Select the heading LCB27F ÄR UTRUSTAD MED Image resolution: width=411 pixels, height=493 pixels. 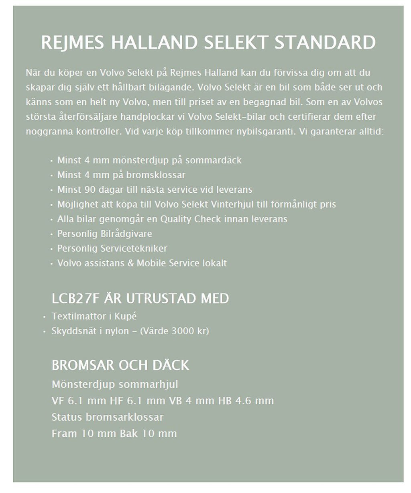click(x=140, y=299)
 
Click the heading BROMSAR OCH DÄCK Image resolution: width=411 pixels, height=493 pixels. click(x=120, y=365)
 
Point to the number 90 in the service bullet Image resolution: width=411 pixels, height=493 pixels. click(x=90, y=189)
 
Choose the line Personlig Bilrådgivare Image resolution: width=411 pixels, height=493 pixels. click(x=104, y=234)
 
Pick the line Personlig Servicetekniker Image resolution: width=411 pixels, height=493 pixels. click(x=112, y=249)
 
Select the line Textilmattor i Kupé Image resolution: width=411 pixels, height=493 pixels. click(x=94, y=316)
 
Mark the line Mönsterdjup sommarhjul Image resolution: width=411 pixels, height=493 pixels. click(x=115, y=384)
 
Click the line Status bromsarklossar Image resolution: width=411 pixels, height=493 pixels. click(x=108, y=417)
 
